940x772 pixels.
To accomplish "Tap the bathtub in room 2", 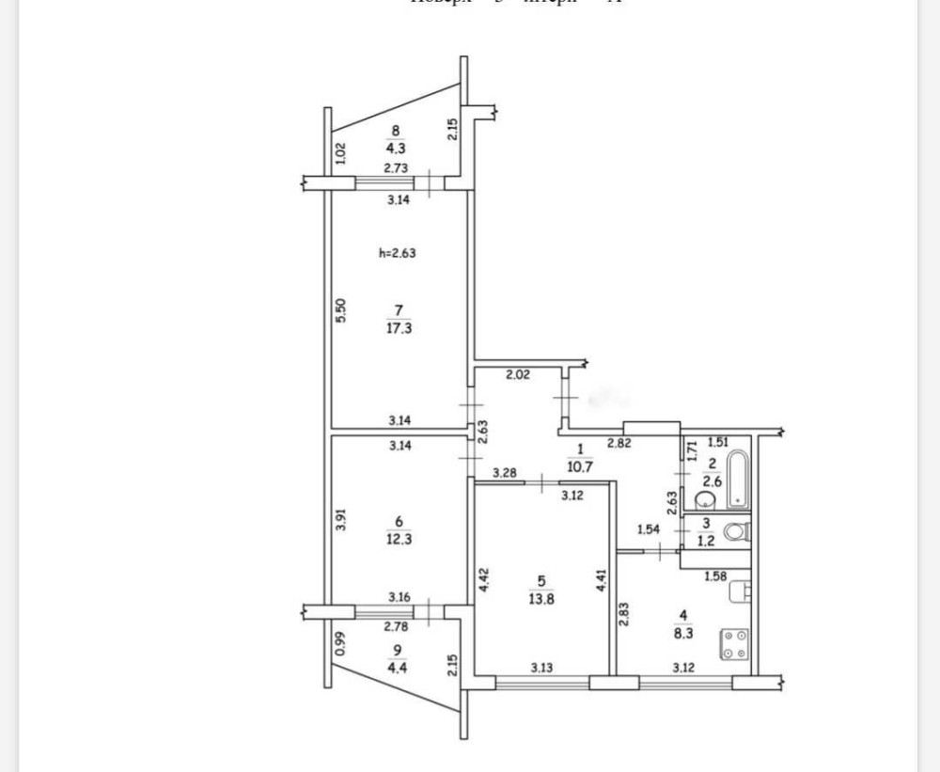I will [x=738, y=479].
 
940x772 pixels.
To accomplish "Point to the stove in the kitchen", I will [x=734, y=645].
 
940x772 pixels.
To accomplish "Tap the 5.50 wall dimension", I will [x=341, y=311].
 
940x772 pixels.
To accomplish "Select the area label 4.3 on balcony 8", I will [x=396, y=147].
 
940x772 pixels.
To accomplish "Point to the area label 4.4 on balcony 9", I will [x=396, y=667].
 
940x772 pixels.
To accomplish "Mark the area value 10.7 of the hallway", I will [x=580, y=464].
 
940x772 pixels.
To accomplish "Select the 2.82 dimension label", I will [x=619, y=442].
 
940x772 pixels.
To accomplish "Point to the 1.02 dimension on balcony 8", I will [x=341, y=150].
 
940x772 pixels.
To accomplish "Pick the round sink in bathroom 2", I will [x=701, y=499].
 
